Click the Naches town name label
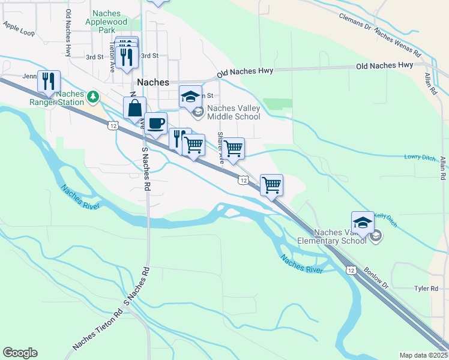153,82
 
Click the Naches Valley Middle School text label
234,112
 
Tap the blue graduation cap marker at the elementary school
363,223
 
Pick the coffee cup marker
155,124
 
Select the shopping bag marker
134,109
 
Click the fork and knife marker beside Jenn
49,80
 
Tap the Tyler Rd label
426,289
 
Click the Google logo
20,353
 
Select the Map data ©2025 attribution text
423,355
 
